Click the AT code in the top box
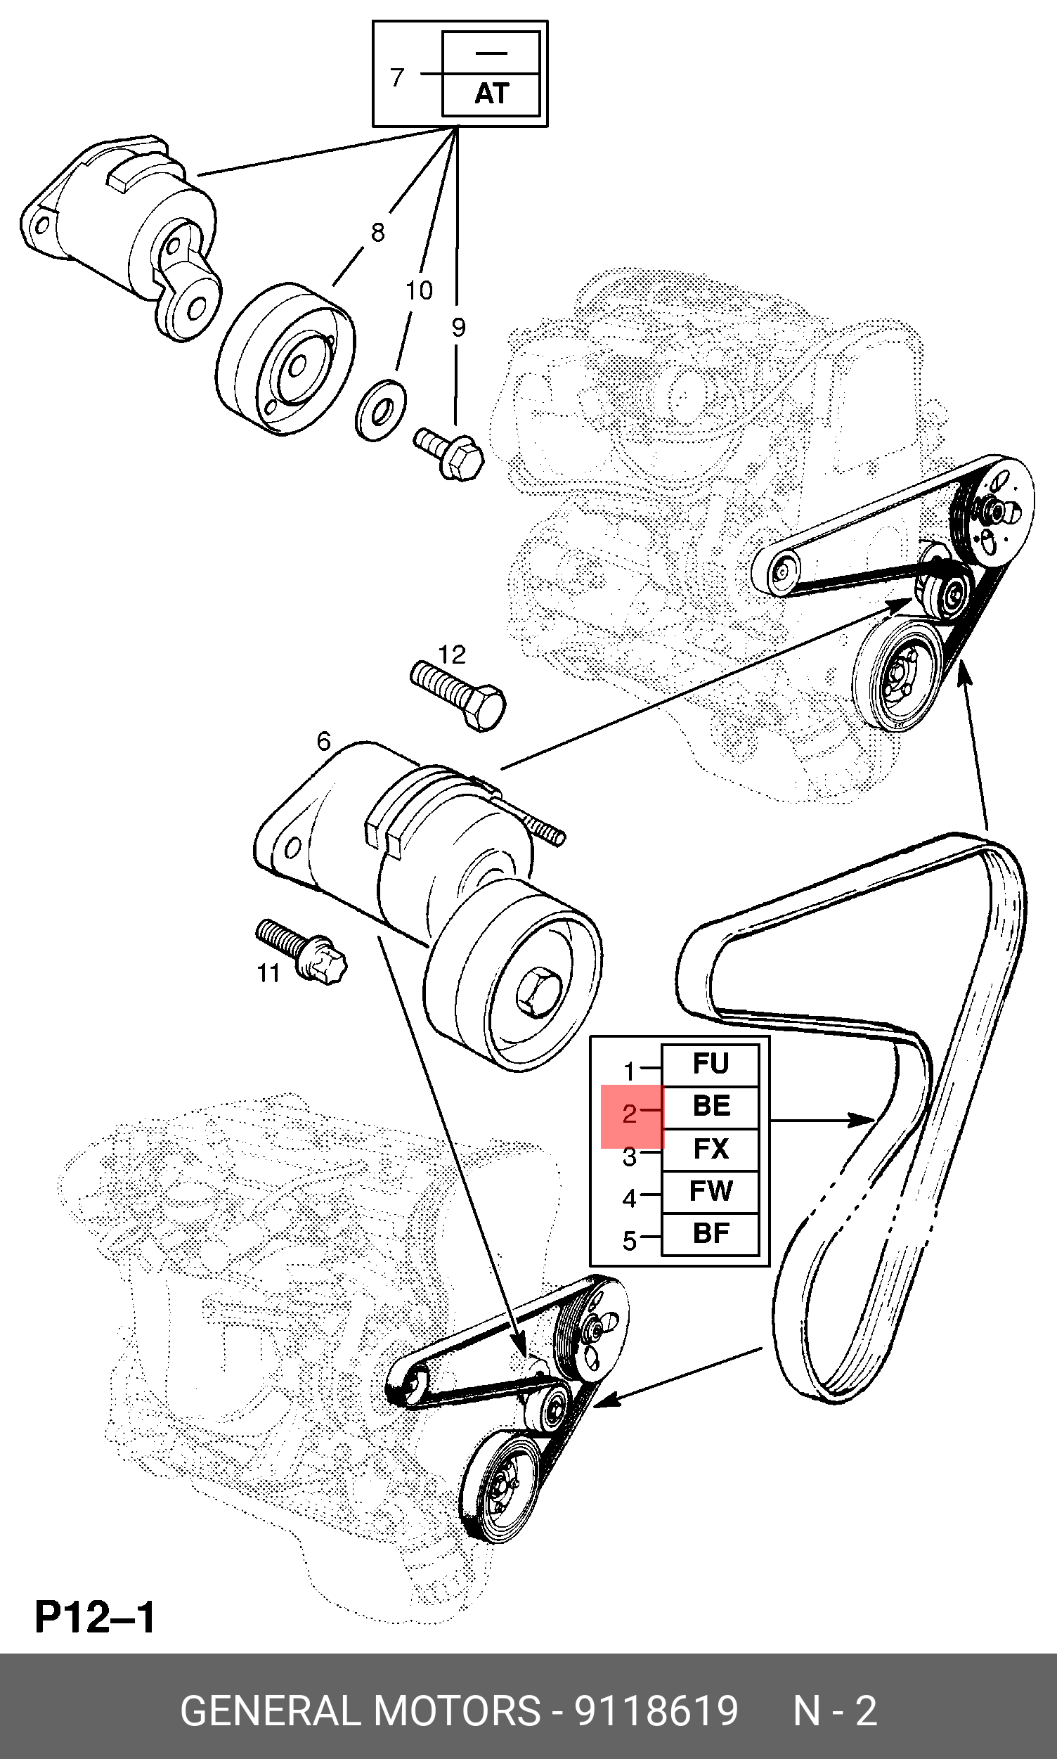[x=491, y=94]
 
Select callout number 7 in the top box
[x=398, y=76]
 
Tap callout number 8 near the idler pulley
[x=377, y=231]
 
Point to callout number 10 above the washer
[x=419, y=290]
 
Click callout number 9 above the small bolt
[x=458, y=327]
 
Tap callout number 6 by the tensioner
[x=323, y=742]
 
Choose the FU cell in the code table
[x=710, y=1064]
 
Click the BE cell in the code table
[x=710, y=1106]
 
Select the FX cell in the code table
[x=710, y=1149]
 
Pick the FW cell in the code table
[x=710, y=1190]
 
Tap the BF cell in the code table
[x=710, y=1233]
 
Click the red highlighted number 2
[x=630, y=1114]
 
